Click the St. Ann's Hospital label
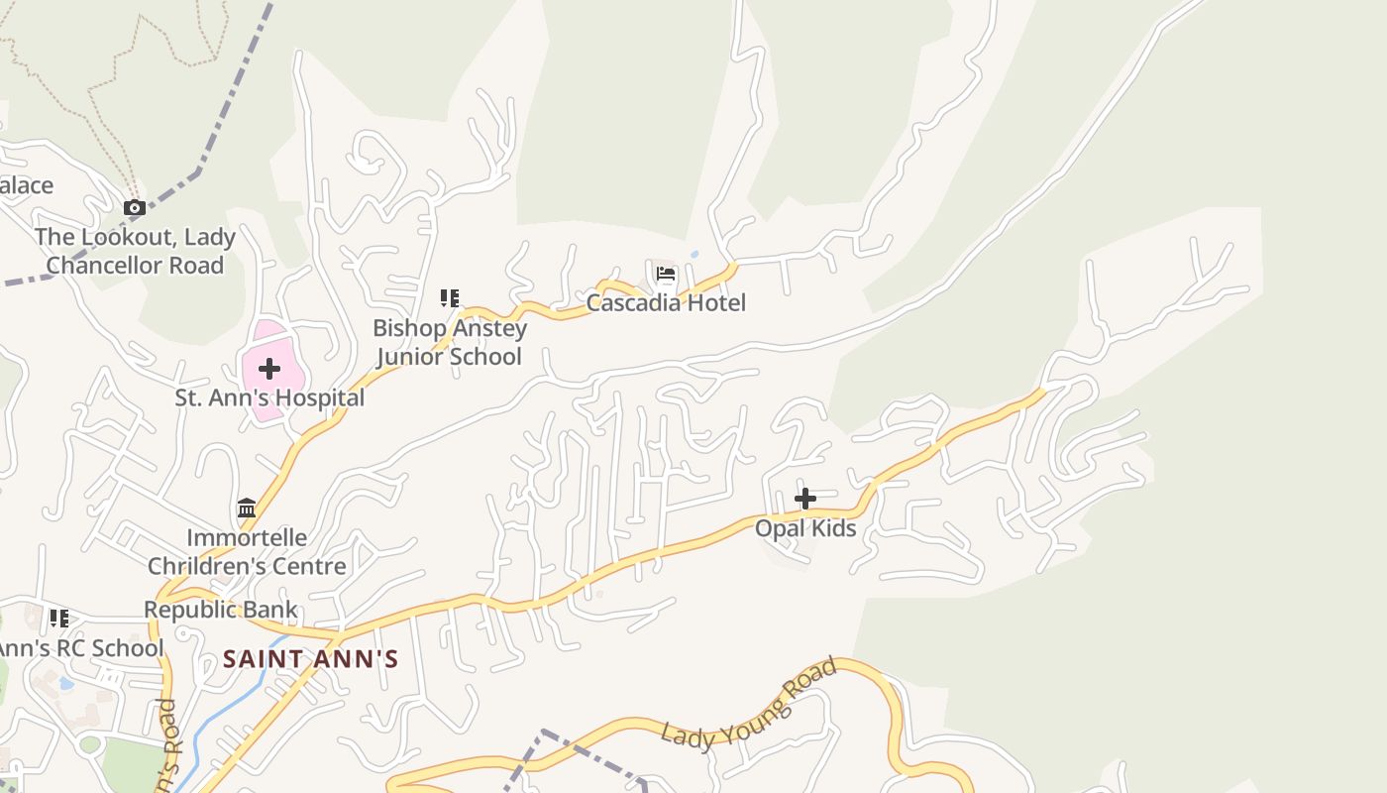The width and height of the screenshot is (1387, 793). pyautogui.click(x=269, y=398)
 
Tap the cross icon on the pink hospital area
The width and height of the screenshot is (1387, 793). pyautogui.click(x=268, y=370)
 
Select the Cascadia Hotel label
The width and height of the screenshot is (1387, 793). pyautogui.click(x=666, y=303)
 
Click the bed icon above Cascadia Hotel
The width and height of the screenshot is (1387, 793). pyautogui.click(x=666, y=275)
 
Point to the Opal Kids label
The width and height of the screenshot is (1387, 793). pyautogui.click(x=805, y=528)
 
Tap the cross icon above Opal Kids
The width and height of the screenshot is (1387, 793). pyautogui.click(x=805, y=499)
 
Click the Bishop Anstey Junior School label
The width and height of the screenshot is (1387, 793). pyautogui.click(x=450, y=342)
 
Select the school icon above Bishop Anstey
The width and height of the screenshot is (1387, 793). pyautogui.click(x=450, y=297)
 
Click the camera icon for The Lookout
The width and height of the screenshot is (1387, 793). pyautogui.click(x=134, y=208)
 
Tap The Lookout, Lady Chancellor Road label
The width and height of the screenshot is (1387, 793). pyautogui.click(x=135, y=252)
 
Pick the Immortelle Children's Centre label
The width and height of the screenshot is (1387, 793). pyautogui.click(x=247, y=552)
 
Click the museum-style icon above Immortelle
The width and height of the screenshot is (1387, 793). pyautogui.click(x=247, y=509)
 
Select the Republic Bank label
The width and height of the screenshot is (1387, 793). pyautogui.click(x=221, y=610)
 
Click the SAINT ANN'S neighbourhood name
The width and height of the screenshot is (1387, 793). pyautogui.click(x=310, y=659)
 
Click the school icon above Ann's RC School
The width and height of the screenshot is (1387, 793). pyautogui.click(x=58, y=619)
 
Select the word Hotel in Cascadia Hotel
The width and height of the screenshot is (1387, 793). pyautogui.click(x=712, y=303)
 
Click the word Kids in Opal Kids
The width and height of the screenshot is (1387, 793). pyautogui.click(x=832, y=528)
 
